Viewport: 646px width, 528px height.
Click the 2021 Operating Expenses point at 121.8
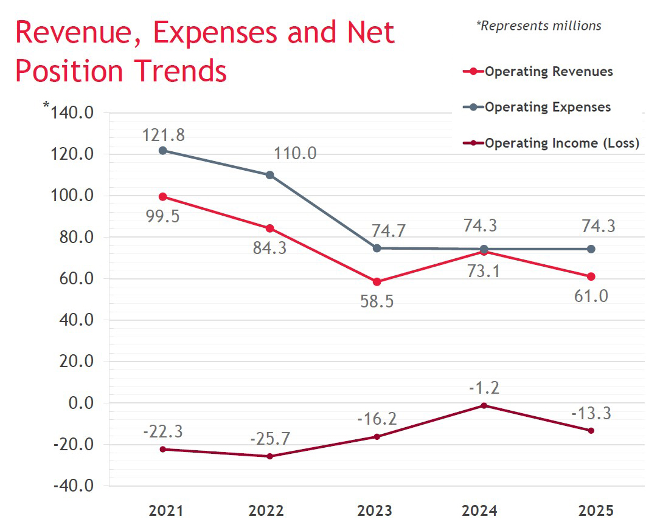pos(163,150)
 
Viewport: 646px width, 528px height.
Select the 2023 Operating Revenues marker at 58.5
pos(377,282)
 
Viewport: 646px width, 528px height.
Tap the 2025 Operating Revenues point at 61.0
pos(591,276)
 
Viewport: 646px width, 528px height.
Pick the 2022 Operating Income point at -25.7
pos(270,456)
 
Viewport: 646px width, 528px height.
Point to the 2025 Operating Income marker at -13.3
pos(591,431)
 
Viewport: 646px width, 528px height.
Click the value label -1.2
pos(484,388)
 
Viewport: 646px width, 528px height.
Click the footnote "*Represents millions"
pos(538,26)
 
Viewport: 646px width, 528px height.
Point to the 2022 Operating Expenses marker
pos(270,175)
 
